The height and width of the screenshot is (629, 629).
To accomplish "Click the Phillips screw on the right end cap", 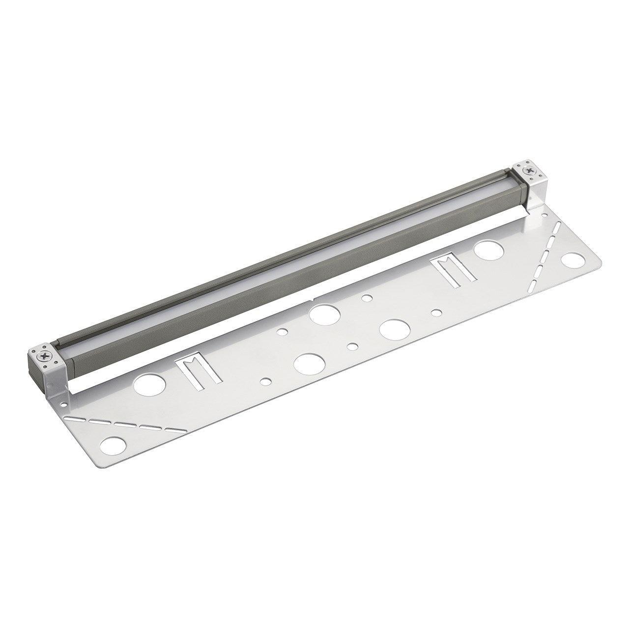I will [x=529, y=172].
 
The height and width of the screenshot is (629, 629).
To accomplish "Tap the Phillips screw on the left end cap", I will [x=43, y=353].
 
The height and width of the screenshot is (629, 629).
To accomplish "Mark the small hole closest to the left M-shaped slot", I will [x=266, y=381].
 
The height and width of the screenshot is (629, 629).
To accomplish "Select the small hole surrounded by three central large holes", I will [x=352, y=346].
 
